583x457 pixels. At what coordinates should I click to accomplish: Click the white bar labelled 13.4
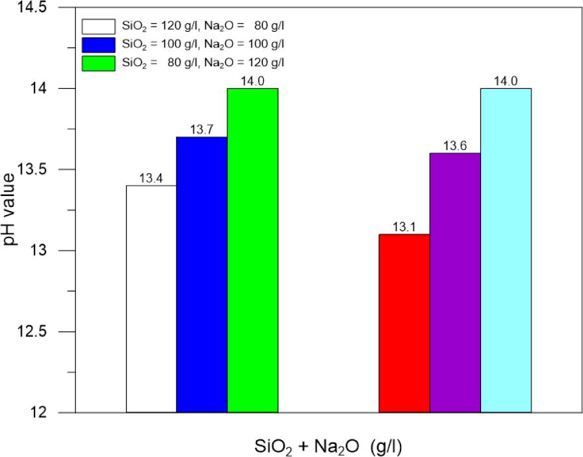click(151, 299)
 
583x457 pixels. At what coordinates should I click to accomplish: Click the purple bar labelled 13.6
click(455, 282)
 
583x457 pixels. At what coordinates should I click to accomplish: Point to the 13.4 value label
click(151, 179)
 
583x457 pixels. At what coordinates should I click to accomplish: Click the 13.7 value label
click(202, 130)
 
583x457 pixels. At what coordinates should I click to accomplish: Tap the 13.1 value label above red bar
click(404, 227)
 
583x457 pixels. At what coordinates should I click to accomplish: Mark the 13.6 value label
click(455, 146)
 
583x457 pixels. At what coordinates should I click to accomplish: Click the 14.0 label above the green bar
click(253, 81)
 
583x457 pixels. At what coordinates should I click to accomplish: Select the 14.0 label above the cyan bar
click(506, 81)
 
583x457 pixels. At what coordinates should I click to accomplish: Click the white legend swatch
click(97, 27)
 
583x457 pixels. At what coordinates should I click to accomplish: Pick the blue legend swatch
click(97, 45)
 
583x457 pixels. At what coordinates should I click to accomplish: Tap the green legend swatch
click(97, 63)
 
